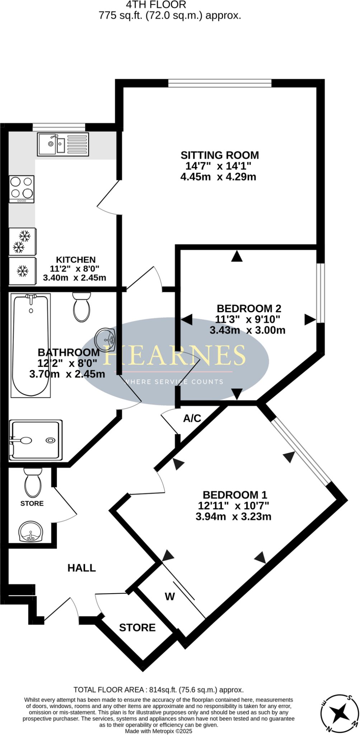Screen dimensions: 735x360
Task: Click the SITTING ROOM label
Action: point(219,155)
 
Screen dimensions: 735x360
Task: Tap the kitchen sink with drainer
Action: point(63,144)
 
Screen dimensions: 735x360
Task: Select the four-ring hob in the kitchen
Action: point(22,189)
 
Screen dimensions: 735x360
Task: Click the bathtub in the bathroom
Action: point(31,345)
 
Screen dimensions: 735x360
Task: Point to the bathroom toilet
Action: point(81,307)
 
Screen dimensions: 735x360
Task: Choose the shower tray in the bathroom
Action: point(36,440)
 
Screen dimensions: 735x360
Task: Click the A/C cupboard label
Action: point(192,418)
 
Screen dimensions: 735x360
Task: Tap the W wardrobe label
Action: point(170,596)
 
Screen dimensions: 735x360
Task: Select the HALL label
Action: point(82,568)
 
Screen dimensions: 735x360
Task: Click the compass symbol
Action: point(340,713)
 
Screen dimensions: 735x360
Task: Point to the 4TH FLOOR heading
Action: point(156,5)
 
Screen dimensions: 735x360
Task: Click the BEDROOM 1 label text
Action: point(235,495)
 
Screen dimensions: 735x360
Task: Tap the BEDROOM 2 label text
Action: point(249,308)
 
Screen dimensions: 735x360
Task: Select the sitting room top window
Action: point(220,83)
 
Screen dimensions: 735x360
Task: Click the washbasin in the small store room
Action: point(31,532)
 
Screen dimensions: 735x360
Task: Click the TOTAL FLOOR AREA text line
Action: point(158,690)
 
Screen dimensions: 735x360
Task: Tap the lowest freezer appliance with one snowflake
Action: point(22,271)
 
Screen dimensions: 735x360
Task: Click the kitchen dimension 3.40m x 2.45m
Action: point(75,278)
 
